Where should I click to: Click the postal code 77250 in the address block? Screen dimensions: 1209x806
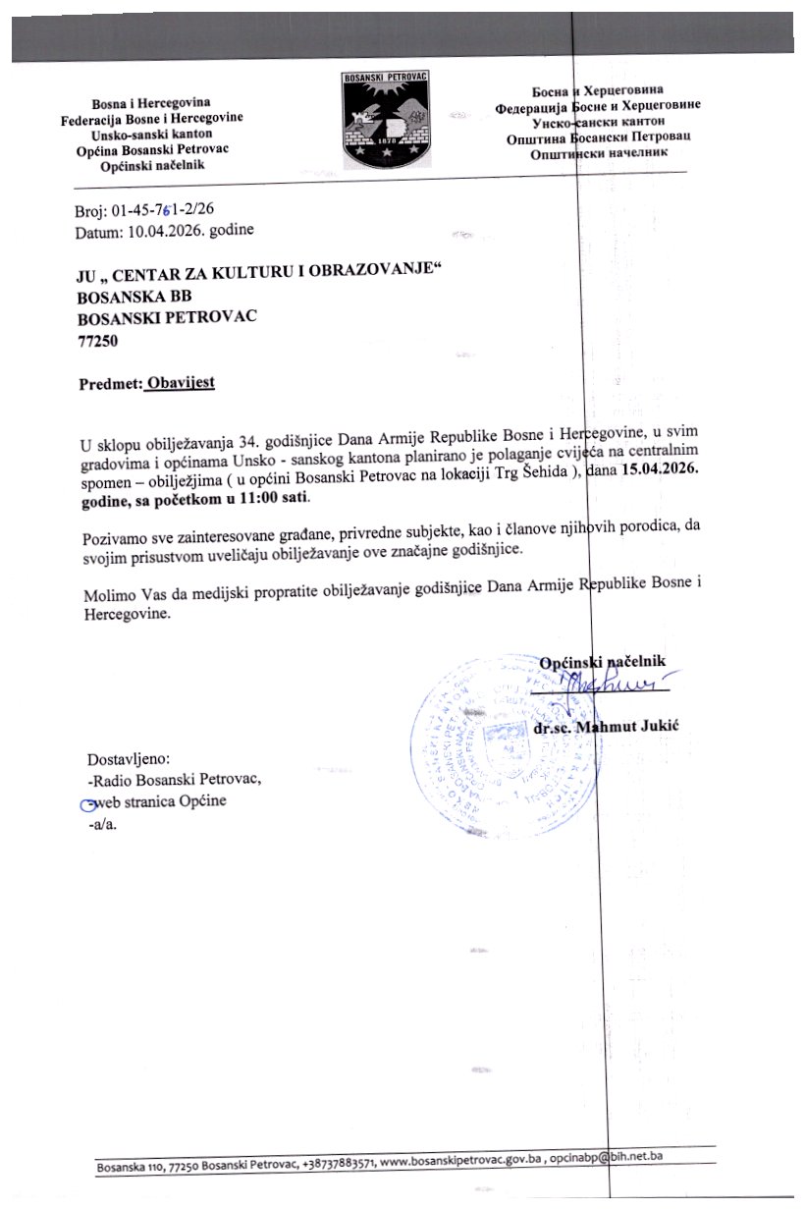coord(94,342)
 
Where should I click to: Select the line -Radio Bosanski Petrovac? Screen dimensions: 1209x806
coord(175,781)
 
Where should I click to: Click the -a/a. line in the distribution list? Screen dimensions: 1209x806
coord(103,825)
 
